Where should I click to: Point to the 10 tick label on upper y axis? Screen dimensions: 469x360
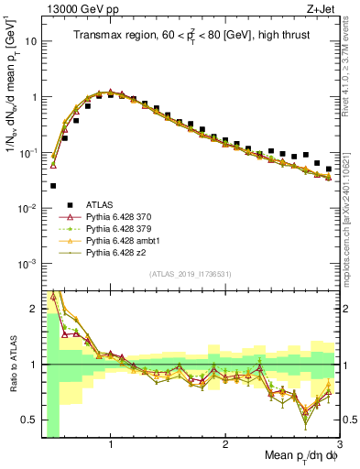point(31,41)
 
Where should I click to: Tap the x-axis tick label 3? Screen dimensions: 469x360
point(339,445)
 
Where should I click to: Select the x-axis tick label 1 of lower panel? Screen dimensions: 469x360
point(111,445)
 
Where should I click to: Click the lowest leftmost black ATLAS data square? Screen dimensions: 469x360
point(53,185)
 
